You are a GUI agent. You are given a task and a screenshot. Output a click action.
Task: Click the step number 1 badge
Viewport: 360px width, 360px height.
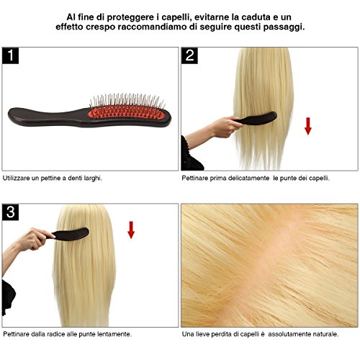[x=10, y=55]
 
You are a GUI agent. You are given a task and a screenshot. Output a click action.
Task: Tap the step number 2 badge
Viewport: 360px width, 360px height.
[x=189, y=55]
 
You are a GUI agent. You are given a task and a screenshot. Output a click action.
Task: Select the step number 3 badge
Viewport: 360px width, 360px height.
[x=10, y=212]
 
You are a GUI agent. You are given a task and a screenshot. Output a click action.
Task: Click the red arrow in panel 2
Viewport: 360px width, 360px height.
[x=308, y=126]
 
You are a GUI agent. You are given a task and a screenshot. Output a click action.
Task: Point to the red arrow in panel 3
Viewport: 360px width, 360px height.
[x=131, y=230]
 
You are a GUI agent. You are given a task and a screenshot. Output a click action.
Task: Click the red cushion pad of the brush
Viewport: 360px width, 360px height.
[x=126, y=113]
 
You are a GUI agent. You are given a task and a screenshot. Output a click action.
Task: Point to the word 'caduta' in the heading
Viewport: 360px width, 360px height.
[x=256, y=17]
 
